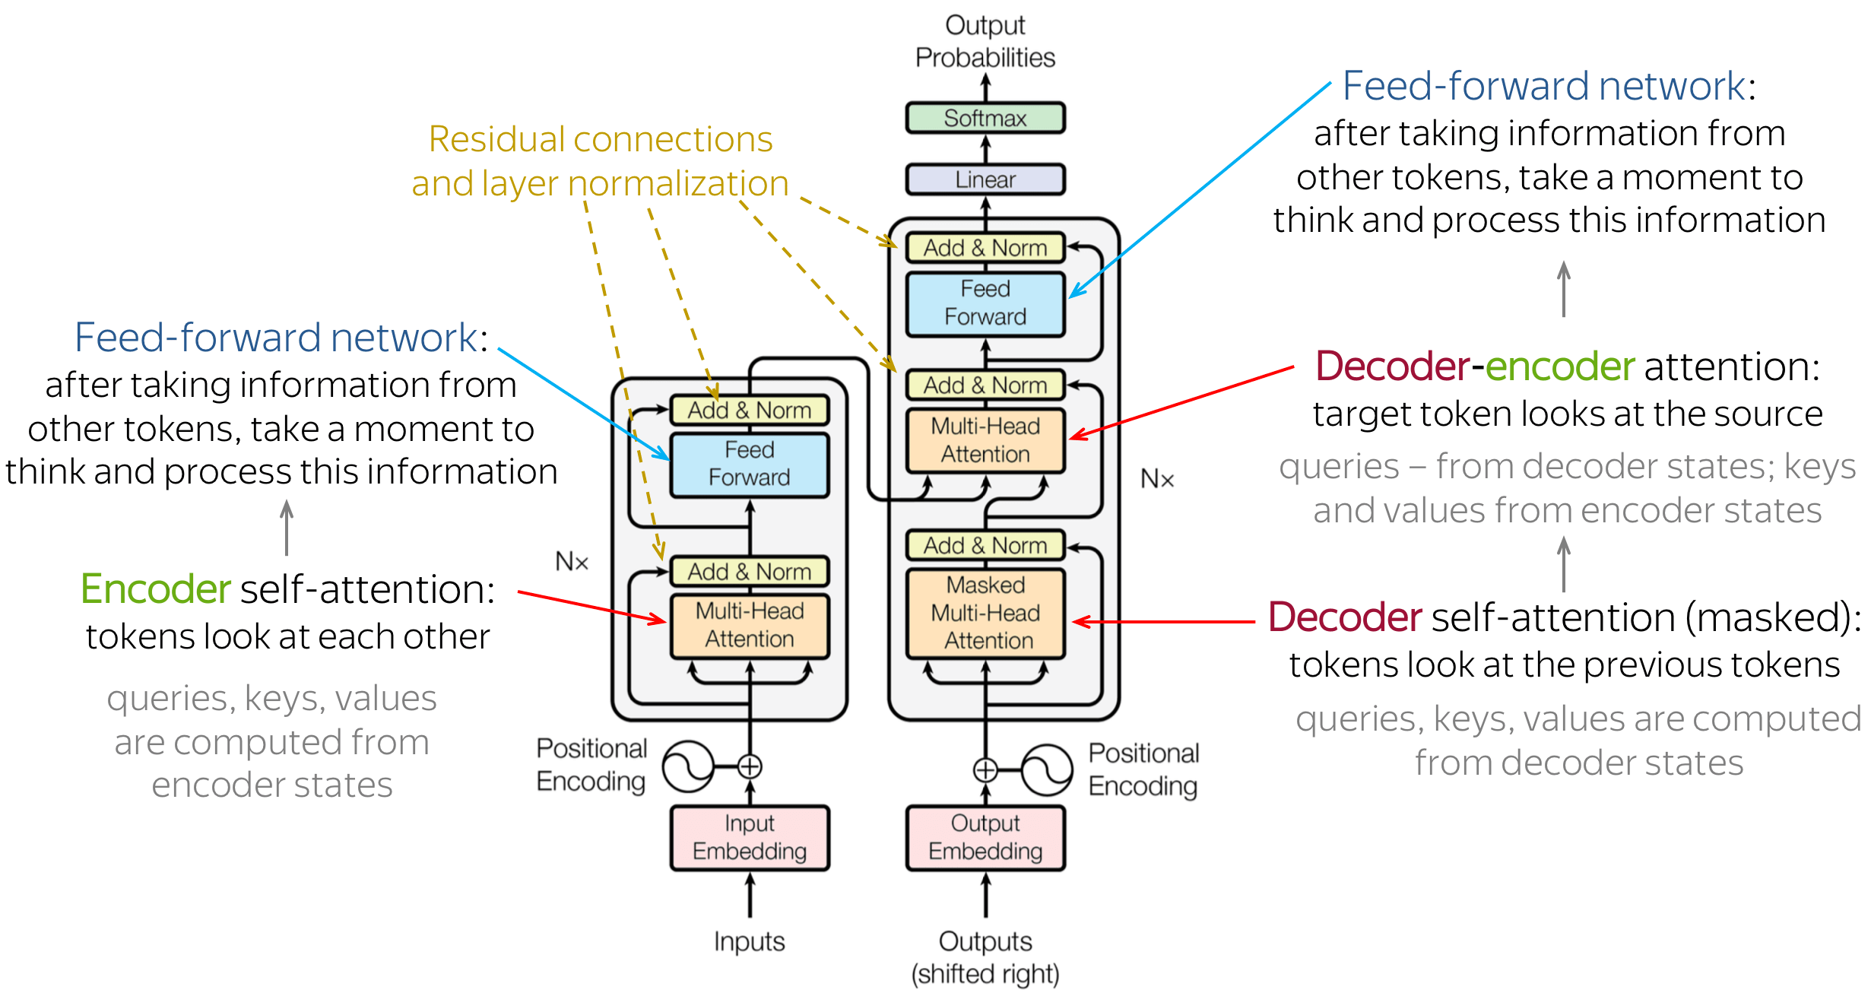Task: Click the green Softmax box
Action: (x=985, y=118)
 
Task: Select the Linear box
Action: (x=985, y=179)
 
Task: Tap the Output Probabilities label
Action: (x=985, y=41)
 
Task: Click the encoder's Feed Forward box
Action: (x=749, y=464)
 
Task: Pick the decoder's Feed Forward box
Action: (x=985, y=303)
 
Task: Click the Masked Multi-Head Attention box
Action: (x=986, y=613)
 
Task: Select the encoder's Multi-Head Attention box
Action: (x=749, y=625)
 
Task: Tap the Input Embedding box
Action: (x=749, y=837)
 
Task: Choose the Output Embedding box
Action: (x=985, y=837)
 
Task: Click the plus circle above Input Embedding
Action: (x=750, y=766)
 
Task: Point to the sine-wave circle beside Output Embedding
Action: (x=1046, y=770)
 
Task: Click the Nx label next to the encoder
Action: (x=572, y=562)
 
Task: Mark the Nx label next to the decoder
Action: (x=1157, y=479)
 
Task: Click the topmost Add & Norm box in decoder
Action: (x=985, y=248)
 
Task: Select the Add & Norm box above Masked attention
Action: (x=985, y=545)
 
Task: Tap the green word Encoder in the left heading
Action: (x=155, y=589)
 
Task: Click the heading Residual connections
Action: (x=600, y=139)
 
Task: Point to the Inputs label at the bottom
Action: (x=749, y=941)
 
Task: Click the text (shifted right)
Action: (x=985, y=974)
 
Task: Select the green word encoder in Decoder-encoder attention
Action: (x=1559, y=366)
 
